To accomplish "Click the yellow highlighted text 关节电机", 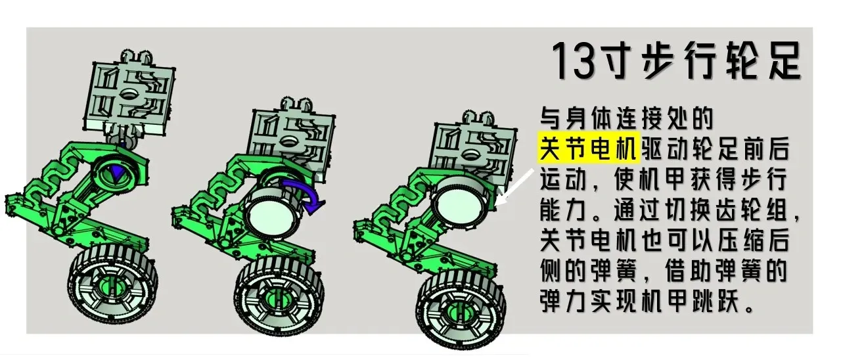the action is click(x=589, y=148).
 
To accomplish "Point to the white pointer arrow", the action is click(x=514, y=187).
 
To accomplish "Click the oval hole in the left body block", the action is click(x=129, y=93).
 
